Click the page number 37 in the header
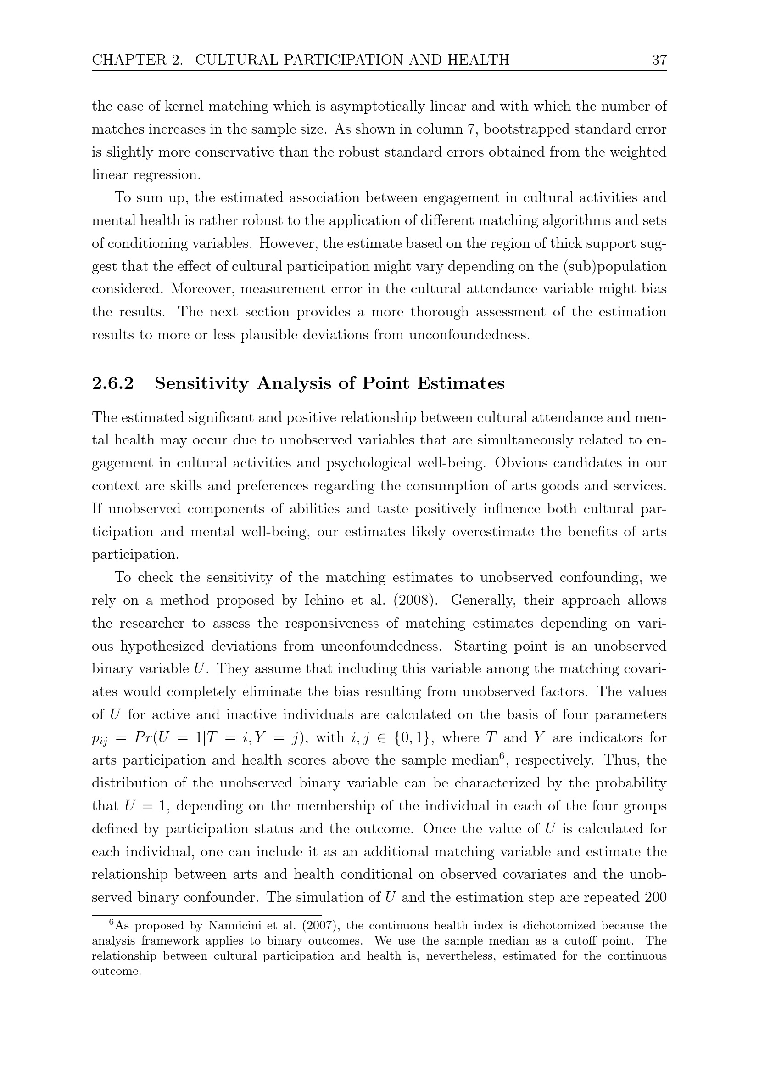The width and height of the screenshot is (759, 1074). click(659, 60)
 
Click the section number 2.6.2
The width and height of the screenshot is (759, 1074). click(112, 383)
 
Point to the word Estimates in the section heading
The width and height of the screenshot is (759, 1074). click(460, 383)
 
